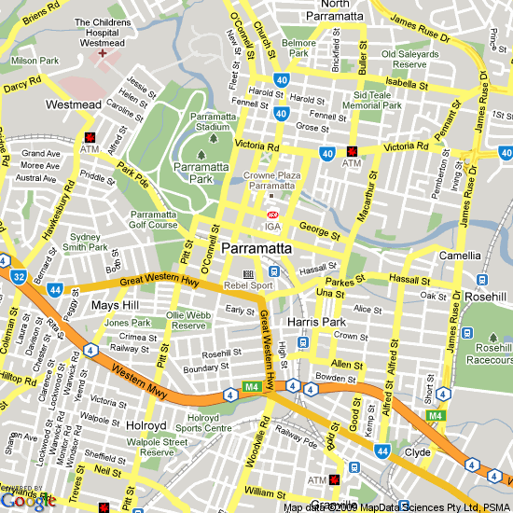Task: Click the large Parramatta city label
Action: pyautogui.click(x=256, y=250)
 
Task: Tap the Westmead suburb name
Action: pyautogui.click(x=73, y=105)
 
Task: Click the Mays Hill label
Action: pyautogui.click(x=115, y=305)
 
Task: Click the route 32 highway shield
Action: pyautogui.click(x=19, y=276)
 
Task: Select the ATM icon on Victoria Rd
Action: pyautogui.click(x=352, y=151)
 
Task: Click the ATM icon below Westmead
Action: pyautogui.click(x=89, y=136)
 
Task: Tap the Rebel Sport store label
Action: pyautogui.click(x=248, y=285)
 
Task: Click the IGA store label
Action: pyautogui.click(x=272, y=226)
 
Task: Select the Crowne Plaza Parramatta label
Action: pyautogui.click(x=270, y=180)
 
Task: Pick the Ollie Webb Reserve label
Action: pyautogui.click(x=188, y=321)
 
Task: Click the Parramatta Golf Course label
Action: pyautogui.click(x=153, y=219)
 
